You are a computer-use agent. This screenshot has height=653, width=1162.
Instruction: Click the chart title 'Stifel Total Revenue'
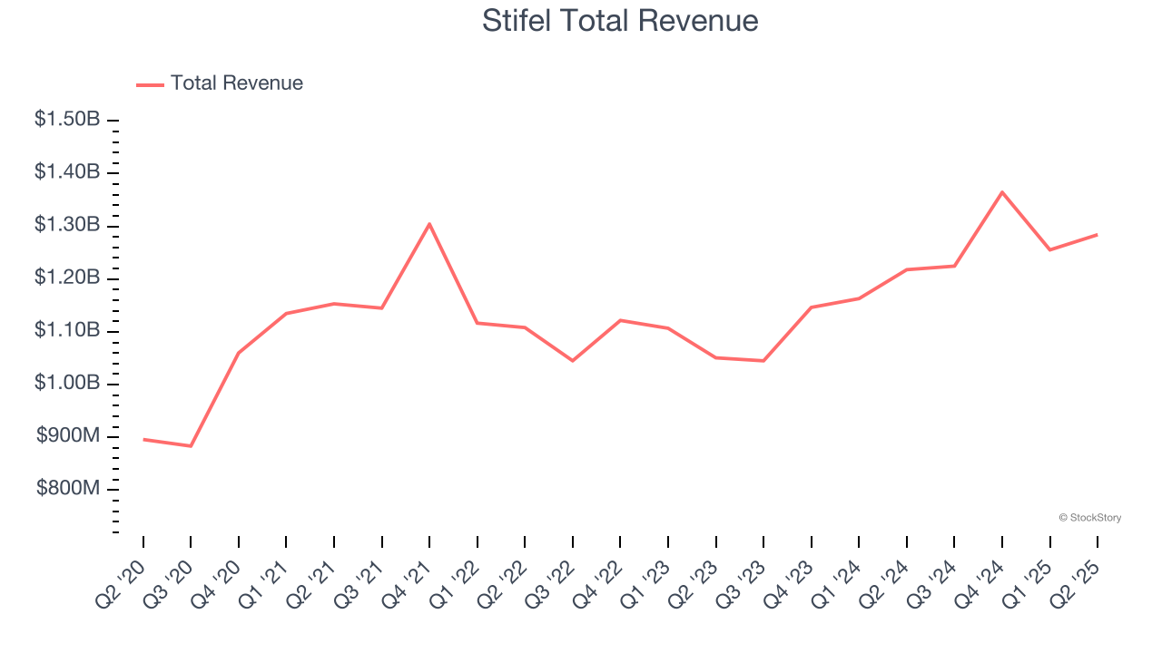point(620,20)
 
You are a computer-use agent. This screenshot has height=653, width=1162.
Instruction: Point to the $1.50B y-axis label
point(67,120)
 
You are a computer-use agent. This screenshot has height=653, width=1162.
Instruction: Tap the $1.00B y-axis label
point(67,384)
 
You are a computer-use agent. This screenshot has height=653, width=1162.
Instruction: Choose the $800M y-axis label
point(68,489)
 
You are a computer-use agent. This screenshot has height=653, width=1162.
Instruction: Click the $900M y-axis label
point(68,436)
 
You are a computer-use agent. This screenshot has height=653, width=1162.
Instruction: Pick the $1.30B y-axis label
point(67,225)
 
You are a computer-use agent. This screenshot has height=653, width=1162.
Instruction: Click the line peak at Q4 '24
point(1002,192)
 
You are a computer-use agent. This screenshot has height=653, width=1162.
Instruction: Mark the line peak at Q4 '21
point(429,224)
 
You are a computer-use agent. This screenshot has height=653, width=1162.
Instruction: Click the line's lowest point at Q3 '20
point(191,446)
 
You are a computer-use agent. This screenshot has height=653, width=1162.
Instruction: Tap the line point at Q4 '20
point(238,353)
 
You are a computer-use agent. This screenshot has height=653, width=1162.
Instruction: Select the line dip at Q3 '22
point(573,361)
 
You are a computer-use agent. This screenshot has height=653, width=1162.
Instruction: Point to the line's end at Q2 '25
point(1098,235)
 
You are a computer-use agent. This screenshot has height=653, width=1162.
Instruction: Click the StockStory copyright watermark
point(1089,518)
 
